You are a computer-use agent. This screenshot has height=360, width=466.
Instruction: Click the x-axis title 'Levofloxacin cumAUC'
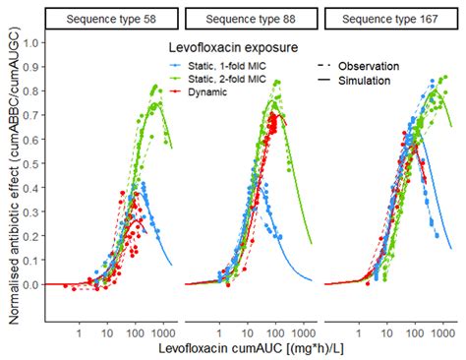pos(251,350)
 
